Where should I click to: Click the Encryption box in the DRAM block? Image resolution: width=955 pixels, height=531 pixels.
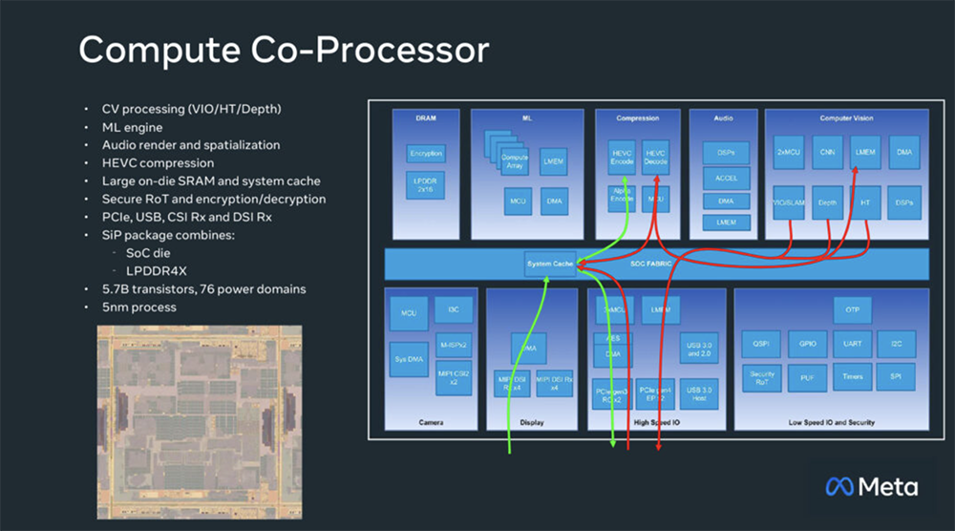pos(426,154)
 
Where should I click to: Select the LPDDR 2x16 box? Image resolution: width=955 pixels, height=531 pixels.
pos(426,186)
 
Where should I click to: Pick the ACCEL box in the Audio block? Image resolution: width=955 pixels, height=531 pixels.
pos(726,178)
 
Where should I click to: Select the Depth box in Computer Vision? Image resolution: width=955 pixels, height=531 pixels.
pos(828,202)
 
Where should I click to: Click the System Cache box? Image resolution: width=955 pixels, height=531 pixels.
pos(550,264)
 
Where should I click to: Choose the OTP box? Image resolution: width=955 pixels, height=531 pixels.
pos(852,310)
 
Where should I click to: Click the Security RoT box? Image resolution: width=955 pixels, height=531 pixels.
pos(762,377)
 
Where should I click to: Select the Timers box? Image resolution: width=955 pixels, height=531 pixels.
pos(852,376)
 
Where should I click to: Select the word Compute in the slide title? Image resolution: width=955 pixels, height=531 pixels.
pos(153,50)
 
